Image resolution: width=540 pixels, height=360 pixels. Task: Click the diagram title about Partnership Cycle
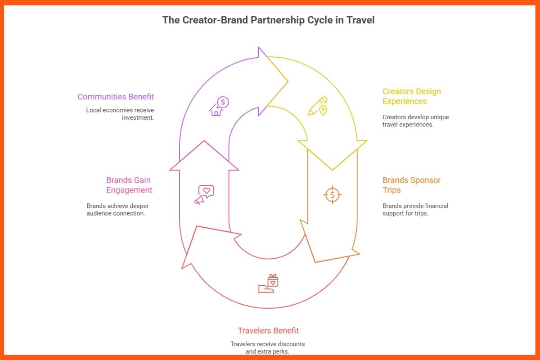(268, 20)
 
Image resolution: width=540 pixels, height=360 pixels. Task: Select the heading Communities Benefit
(116, 97)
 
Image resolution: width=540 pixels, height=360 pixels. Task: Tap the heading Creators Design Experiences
(411, 96)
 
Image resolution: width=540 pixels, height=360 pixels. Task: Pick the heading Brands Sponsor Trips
(411, 185)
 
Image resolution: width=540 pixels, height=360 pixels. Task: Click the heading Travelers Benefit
(268, 331)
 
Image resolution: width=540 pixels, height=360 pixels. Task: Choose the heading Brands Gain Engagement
(129, 185)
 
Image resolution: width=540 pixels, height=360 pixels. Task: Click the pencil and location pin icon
(318, 106)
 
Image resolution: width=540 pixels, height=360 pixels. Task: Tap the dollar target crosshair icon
(333, 194)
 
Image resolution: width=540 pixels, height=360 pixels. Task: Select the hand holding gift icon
(269, 283)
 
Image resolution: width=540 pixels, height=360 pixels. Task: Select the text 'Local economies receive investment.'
(120, 114)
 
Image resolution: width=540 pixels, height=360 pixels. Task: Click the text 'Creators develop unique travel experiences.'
(415, 121)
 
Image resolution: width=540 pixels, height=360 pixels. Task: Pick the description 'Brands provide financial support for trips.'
(415, 210)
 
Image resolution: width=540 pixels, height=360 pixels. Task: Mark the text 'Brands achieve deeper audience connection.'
(117, 210)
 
